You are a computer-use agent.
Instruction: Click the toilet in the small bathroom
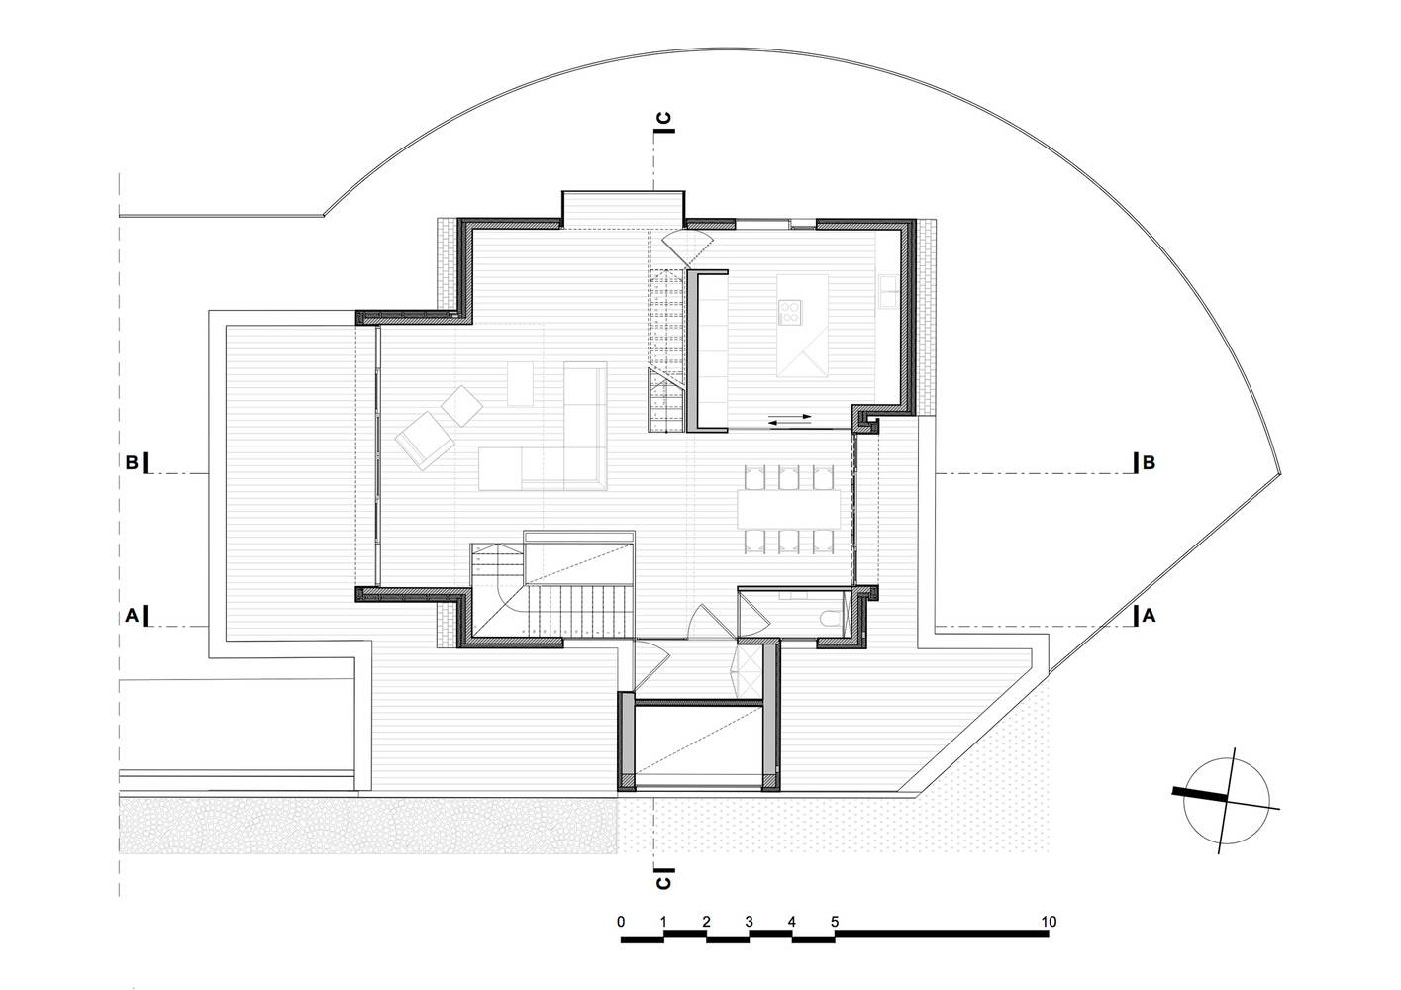(x=831, y=618)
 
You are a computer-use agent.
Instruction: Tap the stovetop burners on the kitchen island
(x=790, y=312)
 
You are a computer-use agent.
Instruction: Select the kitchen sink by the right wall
(x=887, y=291)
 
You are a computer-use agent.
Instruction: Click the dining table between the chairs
(x=789, y=510)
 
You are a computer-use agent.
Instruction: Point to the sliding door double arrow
(x=789, y=420)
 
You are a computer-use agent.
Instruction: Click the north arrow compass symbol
(x=1226, y=802)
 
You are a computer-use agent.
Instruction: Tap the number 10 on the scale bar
(x=1049, y=922)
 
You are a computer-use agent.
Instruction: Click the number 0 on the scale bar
(x=621, y=922)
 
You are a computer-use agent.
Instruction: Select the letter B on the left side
(x=132, y=462)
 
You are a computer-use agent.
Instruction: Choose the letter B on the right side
(x=1149, y=462)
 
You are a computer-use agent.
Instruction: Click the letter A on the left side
(x=132, y=616)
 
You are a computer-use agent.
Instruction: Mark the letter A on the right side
(x=1149, y=616)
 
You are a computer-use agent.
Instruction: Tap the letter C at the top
(x=664, y=118)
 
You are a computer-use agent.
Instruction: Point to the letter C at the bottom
(x=663, y=882)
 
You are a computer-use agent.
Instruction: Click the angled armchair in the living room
(x=425, y=440)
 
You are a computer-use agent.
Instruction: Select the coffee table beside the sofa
(x=520, y=384)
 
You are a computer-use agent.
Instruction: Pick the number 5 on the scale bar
(x=835, y=922)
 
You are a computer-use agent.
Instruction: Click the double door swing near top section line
(x=687, y=247)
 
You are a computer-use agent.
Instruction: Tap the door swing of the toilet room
(x=753, y=614)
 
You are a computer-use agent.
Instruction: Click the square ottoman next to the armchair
(x=461, y=406)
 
